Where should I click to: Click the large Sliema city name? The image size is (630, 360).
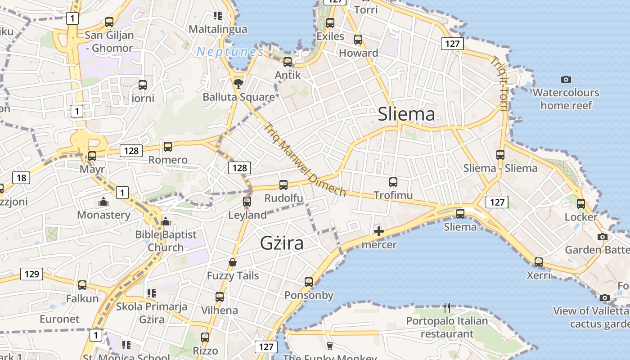406,114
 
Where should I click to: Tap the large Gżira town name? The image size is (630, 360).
282,243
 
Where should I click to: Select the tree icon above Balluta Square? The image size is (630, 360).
238,83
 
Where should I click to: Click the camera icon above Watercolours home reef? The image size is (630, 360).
566,80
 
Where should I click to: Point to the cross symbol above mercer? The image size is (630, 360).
379,232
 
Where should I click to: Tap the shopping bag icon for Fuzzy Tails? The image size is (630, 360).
233,262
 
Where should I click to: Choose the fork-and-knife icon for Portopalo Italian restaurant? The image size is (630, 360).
447,308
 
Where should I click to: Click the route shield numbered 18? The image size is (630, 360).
22,178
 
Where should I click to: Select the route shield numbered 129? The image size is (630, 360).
32,274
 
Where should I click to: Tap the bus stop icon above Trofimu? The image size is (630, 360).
393,182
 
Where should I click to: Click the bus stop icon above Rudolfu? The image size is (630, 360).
283,185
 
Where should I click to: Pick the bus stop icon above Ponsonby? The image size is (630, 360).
309,282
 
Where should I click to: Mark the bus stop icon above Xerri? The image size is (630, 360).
539,262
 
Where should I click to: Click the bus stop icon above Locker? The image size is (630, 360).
581,204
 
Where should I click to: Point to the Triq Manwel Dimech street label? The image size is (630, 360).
305,160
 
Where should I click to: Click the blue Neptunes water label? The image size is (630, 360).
230,52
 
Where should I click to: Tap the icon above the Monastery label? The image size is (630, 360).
103,202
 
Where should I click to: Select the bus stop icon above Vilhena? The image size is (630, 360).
220,297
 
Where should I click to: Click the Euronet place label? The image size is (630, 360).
59,319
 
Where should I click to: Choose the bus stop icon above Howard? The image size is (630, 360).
358,40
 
